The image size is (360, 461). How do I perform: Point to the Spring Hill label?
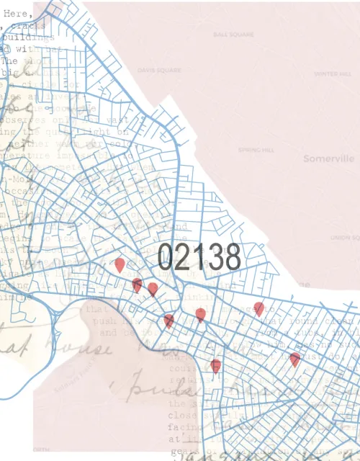(x=253, y=150)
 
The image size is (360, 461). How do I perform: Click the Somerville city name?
(x=328, y=158)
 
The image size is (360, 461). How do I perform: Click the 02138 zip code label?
(x=199, y=257)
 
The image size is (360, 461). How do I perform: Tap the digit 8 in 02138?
(x=231, y=257)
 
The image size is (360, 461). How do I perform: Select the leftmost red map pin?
(x=120, y=265)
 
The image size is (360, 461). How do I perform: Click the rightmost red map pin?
(x=294, y=359)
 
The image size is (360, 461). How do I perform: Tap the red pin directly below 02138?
(x=200, y=314)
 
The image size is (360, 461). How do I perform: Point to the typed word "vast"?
(x=117, y=120)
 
